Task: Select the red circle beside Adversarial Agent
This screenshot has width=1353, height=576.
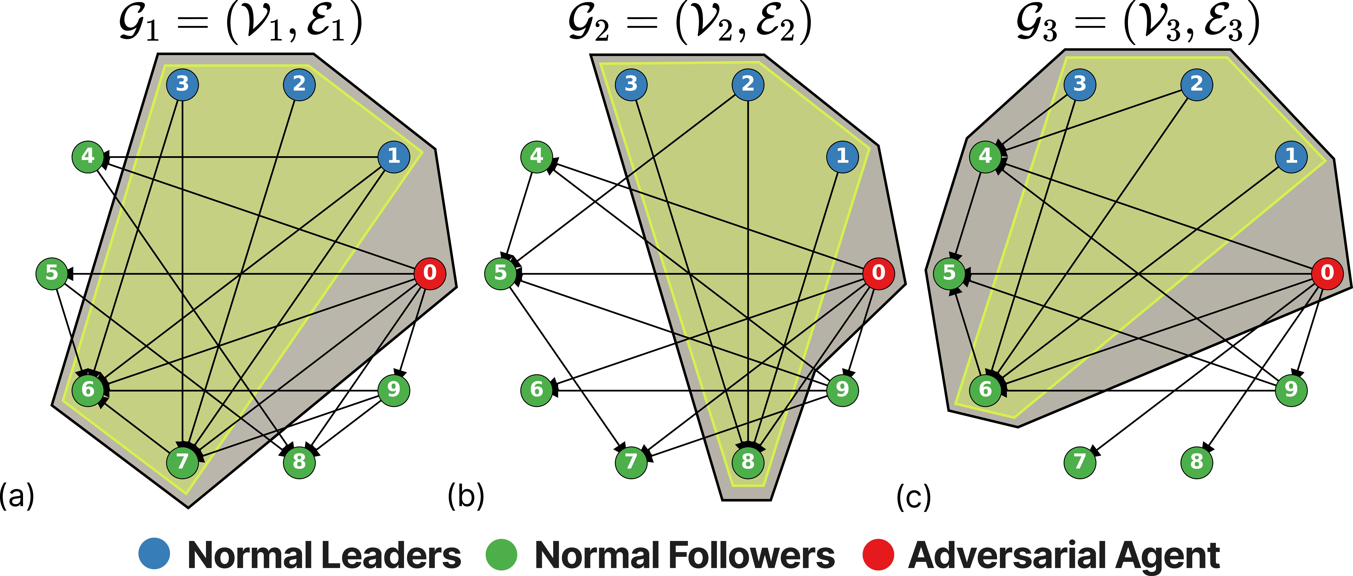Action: point(878,554)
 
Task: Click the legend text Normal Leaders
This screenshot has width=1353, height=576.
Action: point(324,555)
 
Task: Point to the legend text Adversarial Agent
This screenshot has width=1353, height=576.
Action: point(1064,555)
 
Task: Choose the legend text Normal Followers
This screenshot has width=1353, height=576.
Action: point(684,555)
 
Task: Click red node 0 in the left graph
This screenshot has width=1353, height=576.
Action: point(430,273)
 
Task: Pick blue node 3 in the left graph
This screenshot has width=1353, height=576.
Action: point(182,84)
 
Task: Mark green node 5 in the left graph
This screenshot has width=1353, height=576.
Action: point(51,273)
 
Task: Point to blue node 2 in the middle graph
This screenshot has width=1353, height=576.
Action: point(748,84)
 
